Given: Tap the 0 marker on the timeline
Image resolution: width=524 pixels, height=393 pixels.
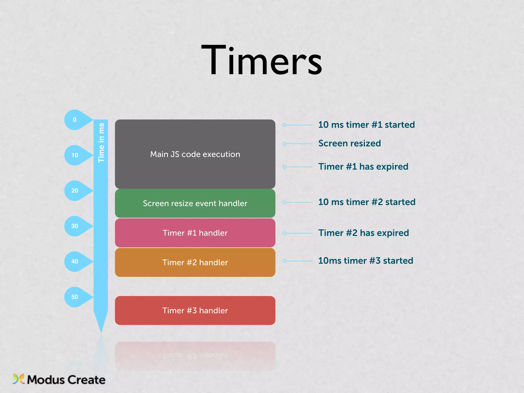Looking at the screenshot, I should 75,120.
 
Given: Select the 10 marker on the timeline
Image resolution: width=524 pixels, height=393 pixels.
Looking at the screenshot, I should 75,155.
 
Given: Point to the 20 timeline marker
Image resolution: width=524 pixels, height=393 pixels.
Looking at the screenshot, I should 75,191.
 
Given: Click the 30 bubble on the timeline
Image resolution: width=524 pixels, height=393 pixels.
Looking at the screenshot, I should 75,226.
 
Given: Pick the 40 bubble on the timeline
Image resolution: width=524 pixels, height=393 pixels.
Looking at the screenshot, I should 75,261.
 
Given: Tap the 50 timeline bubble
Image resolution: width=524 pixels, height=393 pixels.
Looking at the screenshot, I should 75,297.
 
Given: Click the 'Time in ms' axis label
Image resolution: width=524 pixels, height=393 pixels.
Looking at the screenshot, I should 101,143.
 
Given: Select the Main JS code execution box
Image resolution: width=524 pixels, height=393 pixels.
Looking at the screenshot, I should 195,154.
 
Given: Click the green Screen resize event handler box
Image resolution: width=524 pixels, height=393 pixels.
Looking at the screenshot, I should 195,203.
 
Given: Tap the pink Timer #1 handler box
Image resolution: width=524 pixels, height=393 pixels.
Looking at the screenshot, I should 195,233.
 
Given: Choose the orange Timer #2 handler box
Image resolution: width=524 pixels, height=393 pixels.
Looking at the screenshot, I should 195,263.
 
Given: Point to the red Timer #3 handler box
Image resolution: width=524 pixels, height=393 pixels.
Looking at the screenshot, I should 195,311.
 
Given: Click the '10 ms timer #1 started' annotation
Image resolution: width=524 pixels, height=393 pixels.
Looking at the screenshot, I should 366,125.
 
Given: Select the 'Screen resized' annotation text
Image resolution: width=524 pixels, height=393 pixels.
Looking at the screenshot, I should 350,143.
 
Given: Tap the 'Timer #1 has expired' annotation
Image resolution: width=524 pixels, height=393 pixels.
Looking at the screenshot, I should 363,167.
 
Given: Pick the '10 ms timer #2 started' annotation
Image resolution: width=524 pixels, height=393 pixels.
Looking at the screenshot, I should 367,202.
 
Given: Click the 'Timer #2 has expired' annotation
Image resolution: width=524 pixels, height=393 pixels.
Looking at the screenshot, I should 364,233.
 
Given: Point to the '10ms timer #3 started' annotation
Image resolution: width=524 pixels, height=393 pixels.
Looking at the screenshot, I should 366,261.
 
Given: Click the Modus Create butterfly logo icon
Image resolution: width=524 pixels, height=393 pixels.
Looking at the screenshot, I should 18,379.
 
